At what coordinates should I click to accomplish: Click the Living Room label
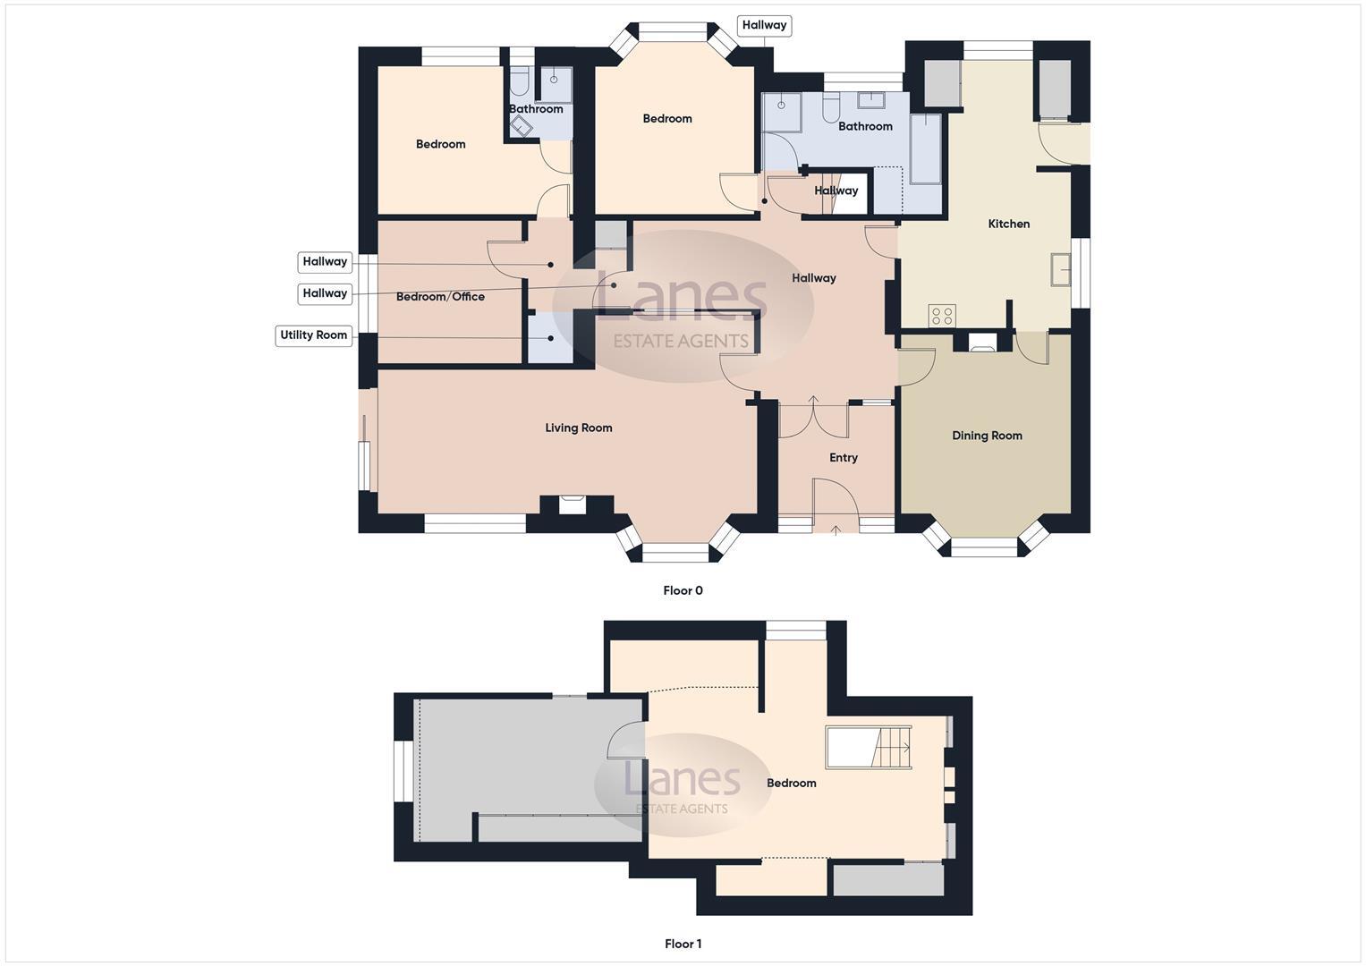[x=579, y=428]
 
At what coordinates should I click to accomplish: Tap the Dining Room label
[x=987, y=436]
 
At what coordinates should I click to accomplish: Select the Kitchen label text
[x=1008, y=224]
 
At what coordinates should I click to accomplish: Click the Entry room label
[x=843, y=458]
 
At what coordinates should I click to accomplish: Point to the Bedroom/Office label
[x=440, y=297]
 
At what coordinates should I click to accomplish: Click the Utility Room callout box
[x=313, y=335]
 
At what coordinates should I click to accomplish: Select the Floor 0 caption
[x=683, y=590]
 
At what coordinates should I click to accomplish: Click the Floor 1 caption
[x=683, y=944]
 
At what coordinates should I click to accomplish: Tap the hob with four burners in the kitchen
[x=942, y=315]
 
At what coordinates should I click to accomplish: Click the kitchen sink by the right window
[x=1061, y=269]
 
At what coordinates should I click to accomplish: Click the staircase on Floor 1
[x=869, y=748]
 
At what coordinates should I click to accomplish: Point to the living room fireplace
[x=572, y=504]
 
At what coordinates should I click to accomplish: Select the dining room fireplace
[x=982, y=341]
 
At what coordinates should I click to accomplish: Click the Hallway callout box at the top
[x=764, y=25]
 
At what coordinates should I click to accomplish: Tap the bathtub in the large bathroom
[x=926, y=148]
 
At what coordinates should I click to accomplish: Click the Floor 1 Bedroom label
[x=791, y=784]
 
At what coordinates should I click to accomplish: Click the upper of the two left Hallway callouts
[x=324, y=262]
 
